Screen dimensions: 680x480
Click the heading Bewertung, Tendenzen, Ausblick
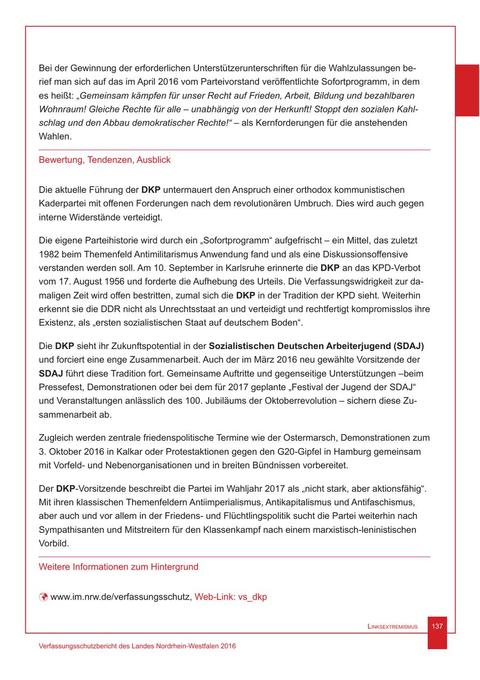click(x=105, y=160)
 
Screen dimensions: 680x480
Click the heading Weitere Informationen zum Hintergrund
click(x=118, y=567)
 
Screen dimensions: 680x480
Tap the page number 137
click(x=437, y=626)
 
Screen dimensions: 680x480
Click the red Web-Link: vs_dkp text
click(x=230, y=597)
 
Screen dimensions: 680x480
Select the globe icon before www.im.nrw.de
click(x=44, y=597)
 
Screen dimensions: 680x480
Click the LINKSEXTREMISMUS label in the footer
click(x=392, y=627)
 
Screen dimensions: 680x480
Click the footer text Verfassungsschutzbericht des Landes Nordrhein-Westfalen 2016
click(x=137, y=646)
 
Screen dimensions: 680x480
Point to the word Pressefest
click(x=59, y=387)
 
